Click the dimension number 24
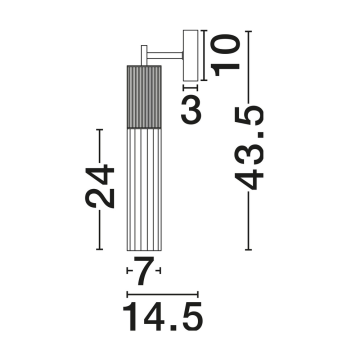(x=100, y=186)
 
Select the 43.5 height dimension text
(x=249, y=147)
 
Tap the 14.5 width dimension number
(x=163, y=316)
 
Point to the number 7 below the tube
(x=143, y=270)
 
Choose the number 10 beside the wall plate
(x=225, y=55)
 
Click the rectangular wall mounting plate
(x=190, y=55)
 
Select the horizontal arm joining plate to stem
(x=165, y=56)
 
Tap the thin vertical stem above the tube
(x=144, y=55)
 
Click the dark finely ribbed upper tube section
(x=144, y=97)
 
